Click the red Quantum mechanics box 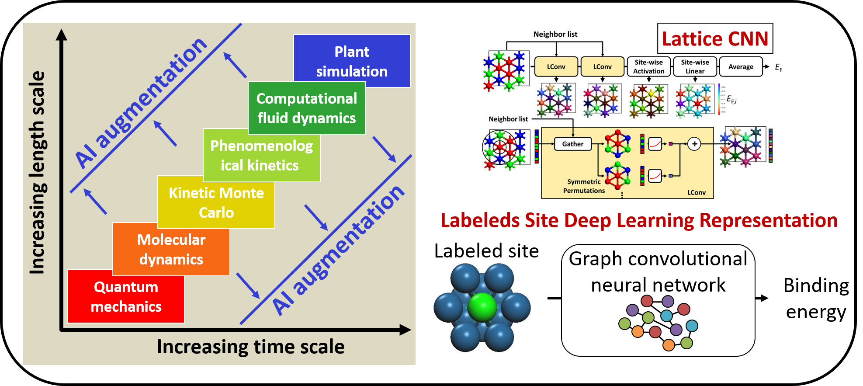click(x=126, y=297)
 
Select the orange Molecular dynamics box click(x=171, y=250)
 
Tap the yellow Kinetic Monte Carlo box click(x=216, y=203)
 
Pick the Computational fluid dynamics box click(x=306, y=108)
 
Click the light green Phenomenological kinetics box click(x=261, y=156)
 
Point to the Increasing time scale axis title click(x=250, y=347)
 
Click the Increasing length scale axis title click(x=37, y=173)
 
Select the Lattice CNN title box click(x=715, y=38)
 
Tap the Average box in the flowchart click(x=741, y=67)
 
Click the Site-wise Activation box click(x=648, y=67)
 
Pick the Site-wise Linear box click(x=695, y=67)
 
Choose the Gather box click(x=572, y=144)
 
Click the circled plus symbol click(x=694, y=144)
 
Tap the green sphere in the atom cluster click(x=482, y=307)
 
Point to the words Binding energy click(x=816, y=299)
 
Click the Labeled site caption click(x=486, y=251)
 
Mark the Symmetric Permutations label click(x=584, y=186)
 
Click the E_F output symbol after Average click(x=779, y=67)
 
